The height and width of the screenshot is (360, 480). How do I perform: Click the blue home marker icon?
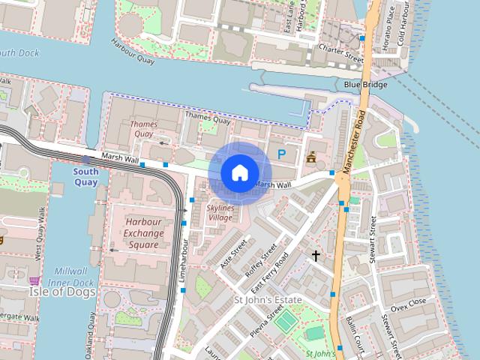[x=239, y=172]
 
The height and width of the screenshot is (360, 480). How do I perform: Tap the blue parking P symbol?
[x=282, y=154]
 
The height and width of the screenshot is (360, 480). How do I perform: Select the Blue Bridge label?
[x=365, y=85]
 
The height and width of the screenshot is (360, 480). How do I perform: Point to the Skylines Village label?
[x=220, y=212]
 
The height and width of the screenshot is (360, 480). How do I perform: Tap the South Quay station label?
[x=85, y=176]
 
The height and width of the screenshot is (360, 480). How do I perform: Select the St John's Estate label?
[x=268, y=300]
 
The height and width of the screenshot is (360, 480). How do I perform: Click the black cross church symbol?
[x=316, y=256]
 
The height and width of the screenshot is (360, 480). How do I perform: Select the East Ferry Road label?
[x=270, y=272]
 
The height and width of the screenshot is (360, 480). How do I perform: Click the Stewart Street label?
[x=373, y=239]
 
